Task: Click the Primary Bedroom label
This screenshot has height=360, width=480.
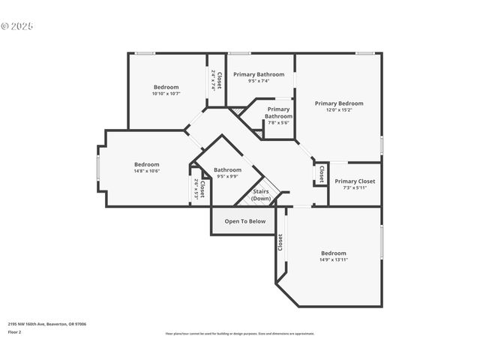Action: pos(339,103)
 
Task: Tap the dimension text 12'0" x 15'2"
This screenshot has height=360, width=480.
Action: pos(339,110)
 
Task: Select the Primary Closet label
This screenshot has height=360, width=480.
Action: pos(355,181)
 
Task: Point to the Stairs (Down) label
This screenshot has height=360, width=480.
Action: pos(260,195)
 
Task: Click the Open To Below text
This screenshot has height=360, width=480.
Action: pos(245,221)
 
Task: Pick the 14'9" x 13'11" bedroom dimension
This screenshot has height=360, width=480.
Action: pos(334,259)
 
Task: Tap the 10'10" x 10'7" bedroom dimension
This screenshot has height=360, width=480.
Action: pos(166,94)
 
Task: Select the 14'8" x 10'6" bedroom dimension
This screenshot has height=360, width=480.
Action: pos(147,171)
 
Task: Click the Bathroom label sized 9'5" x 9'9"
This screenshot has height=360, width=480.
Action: pos(227,170)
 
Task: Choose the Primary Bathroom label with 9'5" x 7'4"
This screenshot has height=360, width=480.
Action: pos(259,74)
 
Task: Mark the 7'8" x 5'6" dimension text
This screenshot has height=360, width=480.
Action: pos(278,123)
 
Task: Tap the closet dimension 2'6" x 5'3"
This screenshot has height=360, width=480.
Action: pos(196,187)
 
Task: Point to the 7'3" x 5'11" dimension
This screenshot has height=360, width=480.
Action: pos(355,187)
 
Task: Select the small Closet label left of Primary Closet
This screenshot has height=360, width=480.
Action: pos(321,174)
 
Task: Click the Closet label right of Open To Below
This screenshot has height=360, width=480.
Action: pos(280,242)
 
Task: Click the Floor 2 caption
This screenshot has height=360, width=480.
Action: pos(14,331)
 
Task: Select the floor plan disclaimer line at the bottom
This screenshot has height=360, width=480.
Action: pos(239,334)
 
